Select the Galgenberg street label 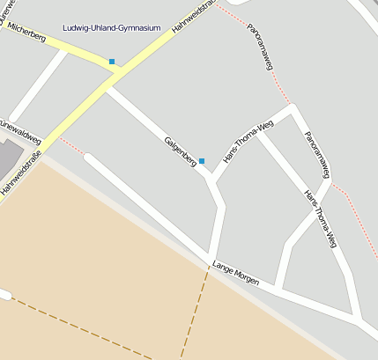(179, 151)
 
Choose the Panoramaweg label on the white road (317, 153)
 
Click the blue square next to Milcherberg (112, 62)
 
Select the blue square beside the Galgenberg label (202, 161)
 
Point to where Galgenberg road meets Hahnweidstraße (108, 85)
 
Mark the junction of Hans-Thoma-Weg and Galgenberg (212, 180)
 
